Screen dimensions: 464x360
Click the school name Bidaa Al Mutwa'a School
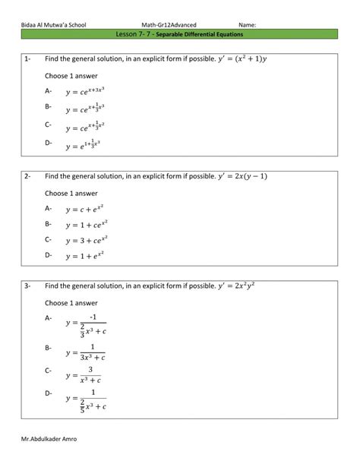pyautogui.click(x=54, y=25)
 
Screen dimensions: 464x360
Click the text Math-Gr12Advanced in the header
pyautogui.click(x=174, y=25)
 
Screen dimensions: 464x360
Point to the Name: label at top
pyautogui.click(x=247, y=25)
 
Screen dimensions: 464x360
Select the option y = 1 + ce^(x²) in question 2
pyautogui.click(x=84, y=225)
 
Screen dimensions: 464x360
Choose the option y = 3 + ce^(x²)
pyautogui.click(x=84, y=241)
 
